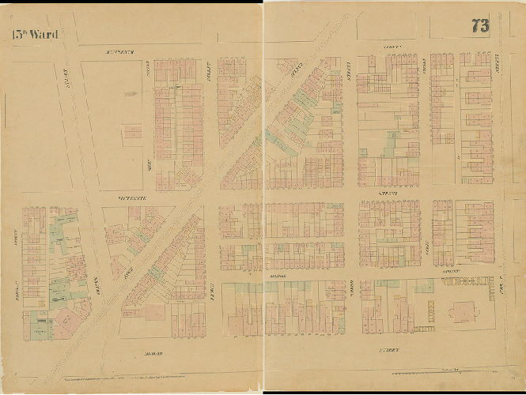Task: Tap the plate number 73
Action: (479, 25)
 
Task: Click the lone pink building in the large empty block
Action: (132, 131)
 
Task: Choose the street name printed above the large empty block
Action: (119, 51)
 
